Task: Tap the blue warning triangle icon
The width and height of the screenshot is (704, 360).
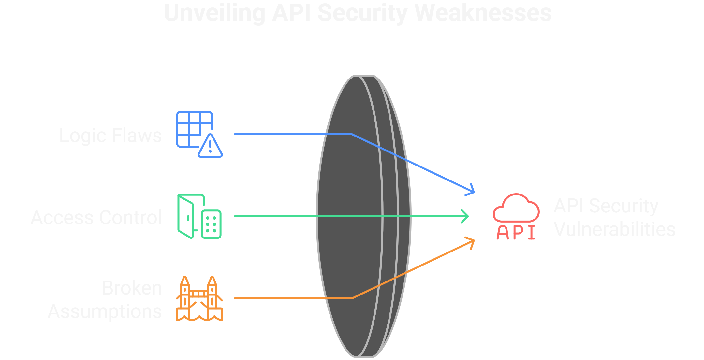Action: point(210,147)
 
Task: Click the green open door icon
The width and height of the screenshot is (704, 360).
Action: point(186,217)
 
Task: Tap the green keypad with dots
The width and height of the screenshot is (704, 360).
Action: point(211,224)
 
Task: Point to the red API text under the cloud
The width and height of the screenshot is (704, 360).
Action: point(516,232)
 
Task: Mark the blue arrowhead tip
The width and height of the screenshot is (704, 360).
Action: point(474,192)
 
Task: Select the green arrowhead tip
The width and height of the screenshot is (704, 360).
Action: point(468,216)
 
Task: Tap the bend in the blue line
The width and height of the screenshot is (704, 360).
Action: point(352,134)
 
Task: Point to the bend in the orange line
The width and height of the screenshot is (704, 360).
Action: point(352,298)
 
